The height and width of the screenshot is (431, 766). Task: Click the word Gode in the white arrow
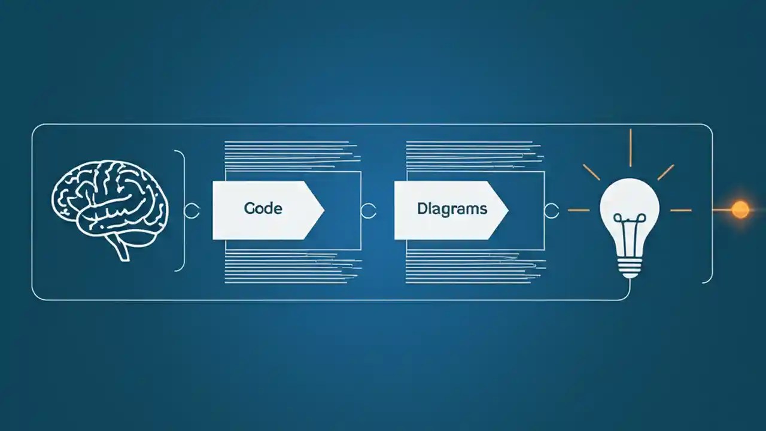click(263, 209)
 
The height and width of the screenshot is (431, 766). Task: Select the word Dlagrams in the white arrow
click(452, 209)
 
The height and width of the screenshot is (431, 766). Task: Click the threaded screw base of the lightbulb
click(630, 264)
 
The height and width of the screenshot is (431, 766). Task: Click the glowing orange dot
click(740, 210)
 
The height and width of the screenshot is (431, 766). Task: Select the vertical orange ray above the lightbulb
click(630, 147)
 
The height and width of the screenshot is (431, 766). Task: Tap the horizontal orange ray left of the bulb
click(578, 210)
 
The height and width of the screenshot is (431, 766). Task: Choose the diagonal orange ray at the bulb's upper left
click(591, 172)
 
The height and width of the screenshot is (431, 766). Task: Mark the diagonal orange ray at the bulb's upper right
click(665, 172)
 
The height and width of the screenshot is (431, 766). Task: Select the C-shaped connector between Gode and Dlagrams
click(369, 210)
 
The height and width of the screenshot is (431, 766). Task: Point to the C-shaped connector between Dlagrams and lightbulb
click(552, 210)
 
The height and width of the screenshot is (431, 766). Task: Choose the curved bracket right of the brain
click(181, 210)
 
